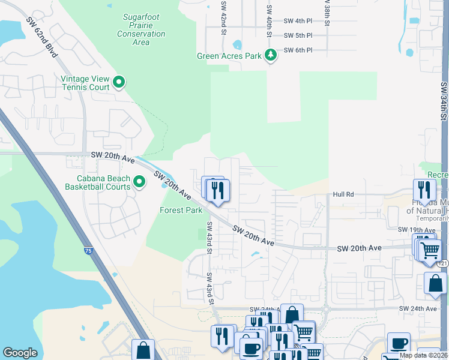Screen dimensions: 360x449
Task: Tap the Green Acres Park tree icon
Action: pyautogui.click(x=271, y=56)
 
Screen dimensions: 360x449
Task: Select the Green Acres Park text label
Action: pyautogui.click(x=230, y=56)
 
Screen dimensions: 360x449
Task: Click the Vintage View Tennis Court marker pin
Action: pyautogui.click(x=119, y=82)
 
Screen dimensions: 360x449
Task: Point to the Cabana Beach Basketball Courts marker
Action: pyautogui.click(x=139, y=181)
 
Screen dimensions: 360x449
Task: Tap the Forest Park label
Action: pyautogui.click(x=181, y=211)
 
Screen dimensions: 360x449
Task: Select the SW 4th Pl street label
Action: pyautogui.click(x=298, y=21)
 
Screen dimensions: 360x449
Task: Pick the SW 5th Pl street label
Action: pyautogui.click(x=298, y=36)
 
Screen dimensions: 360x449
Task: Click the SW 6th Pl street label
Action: pyautogui.click(x=298, y=50)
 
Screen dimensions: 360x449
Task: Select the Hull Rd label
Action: pyautogui.click(x=345, y=195)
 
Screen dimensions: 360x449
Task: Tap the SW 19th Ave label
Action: pyautogui.click(x=415, y=230)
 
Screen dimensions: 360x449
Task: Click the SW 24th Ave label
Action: pyautogui.click(x=418, y=309)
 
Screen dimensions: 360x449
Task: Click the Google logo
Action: pyautogui.click(x=20, y=353)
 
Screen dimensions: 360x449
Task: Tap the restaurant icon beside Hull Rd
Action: pyautogui.click(x=424, y=190)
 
